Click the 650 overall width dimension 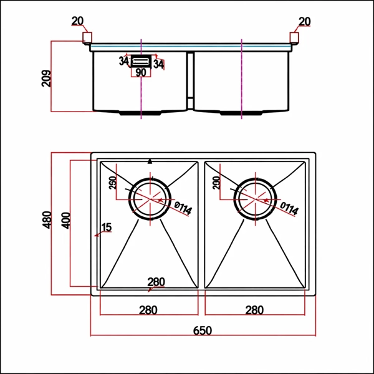[x=202, y=330]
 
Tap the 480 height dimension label [x=47, y=220]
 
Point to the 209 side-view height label [x=46, y=79]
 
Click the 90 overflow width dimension [x=141, y=72]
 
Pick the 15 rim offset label [x=107, y=227]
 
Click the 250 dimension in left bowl [x=113, y=183]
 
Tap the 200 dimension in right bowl [x=216, y=183]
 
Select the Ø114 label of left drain [x=183, y=208]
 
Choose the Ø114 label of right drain [x=289, y=208]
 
